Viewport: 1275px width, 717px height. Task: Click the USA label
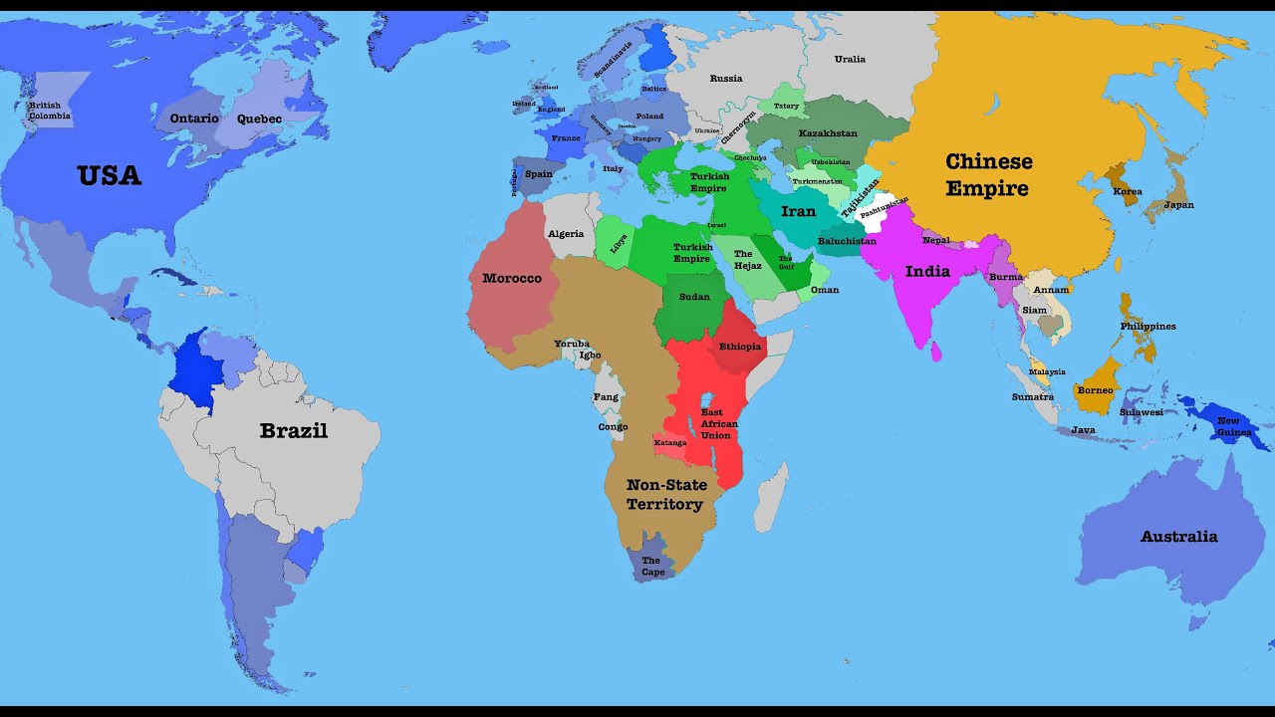point(110,176)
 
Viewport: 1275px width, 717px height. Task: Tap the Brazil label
point(293,431)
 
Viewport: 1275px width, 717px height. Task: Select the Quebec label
point(259,119)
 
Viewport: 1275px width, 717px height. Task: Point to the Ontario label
point(194,119)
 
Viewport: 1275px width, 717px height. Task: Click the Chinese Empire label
point(988,174)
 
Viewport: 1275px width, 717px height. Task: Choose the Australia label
point(1178,537)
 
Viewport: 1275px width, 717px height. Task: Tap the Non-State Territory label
point(665,495)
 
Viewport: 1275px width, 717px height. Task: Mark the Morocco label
point(512,278)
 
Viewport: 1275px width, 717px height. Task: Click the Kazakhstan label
point(828,133)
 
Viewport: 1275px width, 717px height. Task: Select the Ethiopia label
point(740,347)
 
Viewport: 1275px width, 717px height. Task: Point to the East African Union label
point(719,423)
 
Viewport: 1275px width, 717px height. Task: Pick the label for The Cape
point(652,567)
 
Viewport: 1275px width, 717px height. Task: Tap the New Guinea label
point(1234,426)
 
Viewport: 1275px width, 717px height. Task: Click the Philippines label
point(1147,327)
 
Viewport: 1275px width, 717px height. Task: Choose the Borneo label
point(1095,390)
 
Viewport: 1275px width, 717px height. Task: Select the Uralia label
point(850,59)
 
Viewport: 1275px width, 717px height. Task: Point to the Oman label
point(825,290)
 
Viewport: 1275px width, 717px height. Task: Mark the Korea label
point(1128,191)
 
